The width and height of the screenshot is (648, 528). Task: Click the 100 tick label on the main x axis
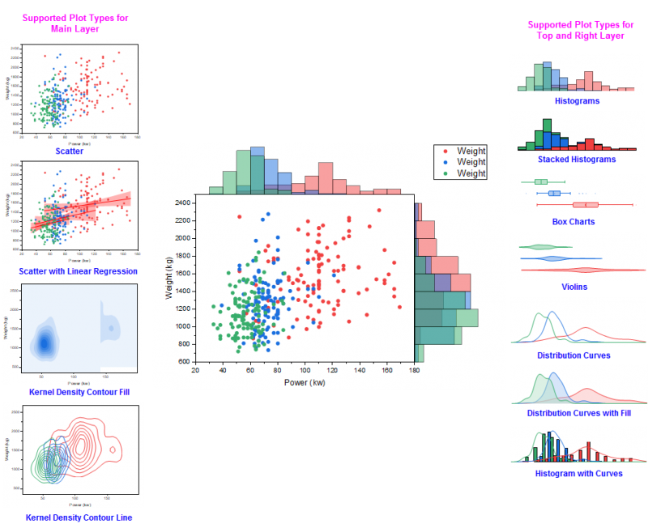point(305,371)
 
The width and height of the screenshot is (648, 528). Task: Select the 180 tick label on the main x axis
point(414,371)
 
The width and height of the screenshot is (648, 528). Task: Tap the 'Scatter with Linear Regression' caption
point(72,270)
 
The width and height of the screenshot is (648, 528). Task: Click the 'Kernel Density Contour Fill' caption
point(72,393)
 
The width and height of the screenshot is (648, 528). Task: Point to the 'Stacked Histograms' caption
point(578,160)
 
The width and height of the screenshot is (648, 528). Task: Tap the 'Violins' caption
point(578,287)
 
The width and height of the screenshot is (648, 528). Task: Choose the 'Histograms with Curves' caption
point(578,473)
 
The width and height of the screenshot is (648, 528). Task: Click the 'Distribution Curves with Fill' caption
point(578,413)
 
